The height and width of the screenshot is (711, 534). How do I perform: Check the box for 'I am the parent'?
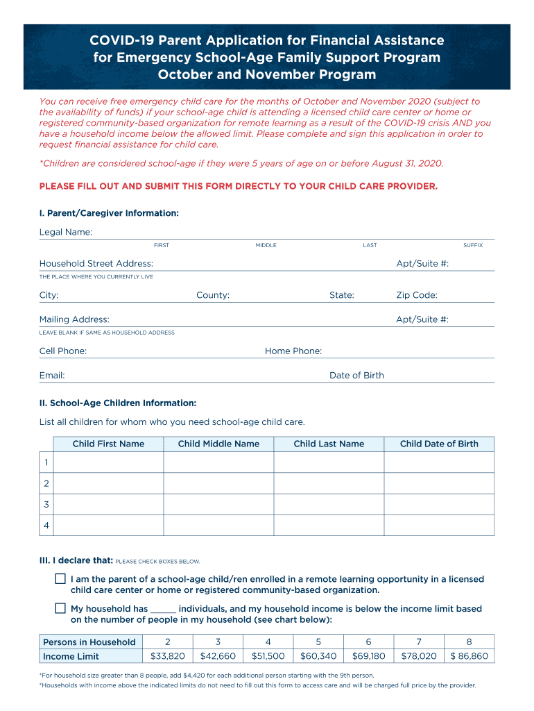click(x=60, y=579)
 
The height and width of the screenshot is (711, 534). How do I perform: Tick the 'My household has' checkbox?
click(x=60, y=609)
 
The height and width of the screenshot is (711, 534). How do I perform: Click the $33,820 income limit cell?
click(x=168, y=656)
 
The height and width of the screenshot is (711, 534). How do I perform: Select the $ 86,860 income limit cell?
click(x=469, y=656)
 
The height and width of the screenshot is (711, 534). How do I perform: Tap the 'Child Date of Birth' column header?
click(x=439, y=444)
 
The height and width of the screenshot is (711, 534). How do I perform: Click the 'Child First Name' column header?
click(x=108, y=444)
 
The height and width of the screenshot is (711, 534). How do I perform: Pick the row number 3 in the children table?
click(x=46, y=505)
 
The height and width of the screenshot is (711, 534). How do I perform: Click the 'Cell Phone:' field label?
click(x=63, y=351)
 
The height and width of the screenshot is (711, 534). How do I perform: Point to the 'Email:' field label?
click(x=52, y=376)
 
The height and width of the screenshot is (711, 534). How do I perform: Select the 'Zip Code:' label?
click(x=417, y=296)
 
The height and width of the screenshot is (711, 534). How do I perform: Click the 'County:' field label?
click(x=213, y=296)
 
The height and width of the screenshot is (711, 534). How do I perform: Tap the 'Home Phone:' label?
click(x=293, y=351)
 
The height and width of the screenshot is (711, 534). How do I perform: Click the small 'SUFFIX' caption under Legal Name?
click(x=473, y=246)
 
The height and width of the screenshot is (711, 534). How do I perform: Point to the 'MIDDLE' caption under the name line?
click(x=266, y=246)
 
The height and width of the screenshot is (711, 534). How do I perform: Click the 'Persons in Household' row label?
click(x=89, y=642)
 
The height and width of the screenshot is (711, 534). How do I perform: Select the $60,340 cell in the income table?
click(x=318, y=656)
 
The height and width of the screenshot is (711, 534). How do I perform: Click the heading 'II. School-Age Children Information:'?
click(x=118, y=403)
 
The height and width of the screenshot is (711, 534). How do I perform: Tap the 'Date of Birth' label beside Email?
click(x=356, y=376)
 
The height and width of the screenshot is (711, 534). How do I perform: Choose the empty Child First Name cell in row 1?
click(x=108, y=462)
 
